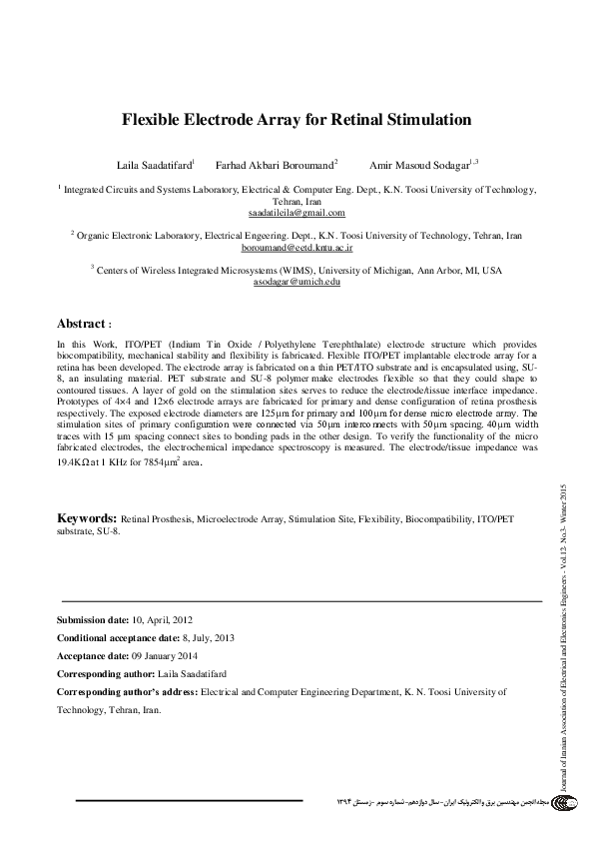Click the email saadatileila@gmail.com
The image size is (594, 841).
tap(297, 213)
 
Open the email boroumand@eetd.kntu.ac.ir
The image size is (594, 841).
tap(297, 246)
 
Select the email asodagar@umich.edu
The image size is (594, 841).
tap(297, 283)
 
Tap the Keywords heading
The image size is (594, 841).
tap(87, 519)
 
